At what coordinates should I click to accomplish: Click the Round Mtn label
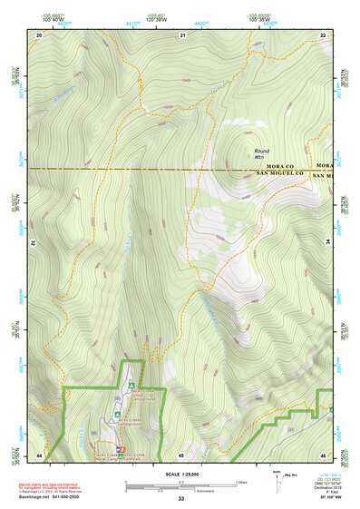[262, 154]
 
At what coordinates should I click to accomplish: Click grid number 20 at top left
[39, 34]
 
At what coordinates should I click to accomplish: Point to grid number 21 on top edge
[182, 34]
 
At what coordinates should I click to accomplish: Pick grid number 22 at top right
[324, 34]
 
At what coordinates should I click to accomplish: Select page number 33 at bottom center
[180, 500]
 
